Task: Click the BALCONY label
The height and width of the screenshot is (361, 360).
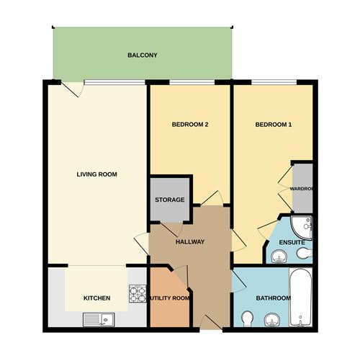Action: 142,55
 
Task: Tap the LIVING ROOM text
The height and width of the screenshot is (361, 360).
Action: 97,174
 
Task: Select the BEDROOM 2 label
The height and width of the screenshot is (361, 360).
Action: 190,125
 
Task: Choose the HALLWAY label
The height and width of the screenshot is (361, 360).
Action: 191,242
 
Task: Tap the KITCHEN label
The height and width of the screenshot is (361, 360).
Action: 96,298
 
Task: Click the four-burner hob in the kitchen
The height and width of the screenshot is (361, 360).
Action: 137,293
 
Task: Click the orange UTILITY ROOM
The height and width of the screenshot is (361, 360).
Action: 170,298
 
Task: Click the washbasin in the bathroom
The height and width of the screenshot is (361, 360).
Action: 272,320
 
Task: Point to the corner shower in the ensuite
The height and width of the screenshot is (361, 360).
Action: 304,227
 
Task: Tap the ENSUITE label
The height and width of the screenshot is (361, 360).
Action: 292,242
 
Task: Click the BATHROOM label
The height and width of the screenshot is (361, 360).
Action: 274,298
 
